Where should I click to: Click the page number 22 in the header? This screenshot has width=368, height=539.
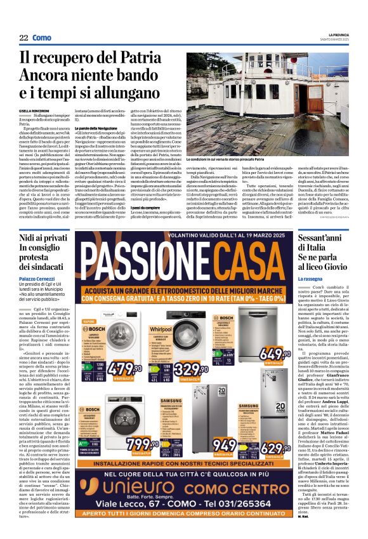click(23, 38)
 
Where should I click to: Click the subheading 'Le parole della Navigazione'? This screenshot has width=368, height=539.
click(93, 128)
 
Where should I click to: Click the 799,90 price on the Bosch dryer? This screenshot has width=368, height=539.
click(141, 442)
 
